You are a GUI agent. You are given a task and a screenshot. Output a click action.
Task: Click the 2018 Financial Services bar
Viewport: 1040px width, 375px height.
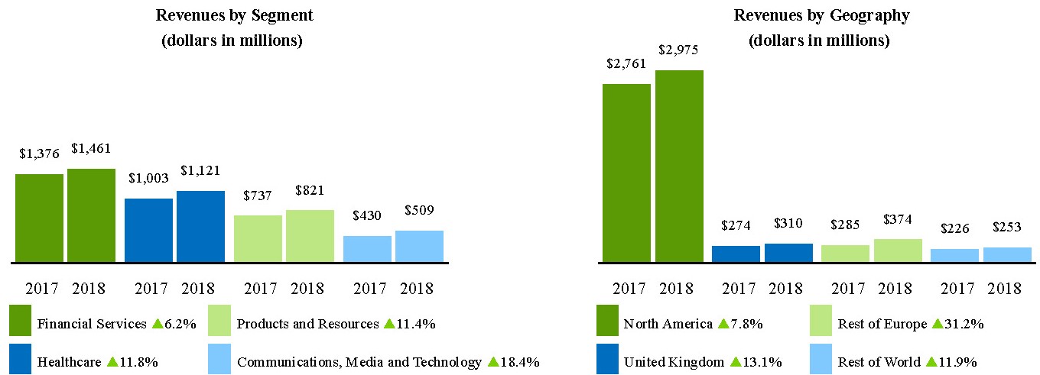point(91,215)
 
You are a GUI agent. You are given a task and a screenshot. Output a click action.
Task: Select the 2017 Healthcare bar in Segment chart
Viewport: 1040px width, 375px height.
point(148,230)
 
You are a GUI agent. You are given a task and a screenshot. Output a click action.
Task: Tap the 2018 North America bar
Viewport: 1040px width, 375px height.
point(679,166)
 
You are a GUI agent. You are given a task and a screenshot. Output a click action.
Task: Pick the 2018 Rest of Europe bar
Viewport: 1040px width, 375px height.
point(898,251)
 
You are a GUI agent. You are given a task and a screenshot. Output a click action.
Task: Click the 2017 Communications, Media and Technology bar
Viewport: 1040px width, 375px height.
point(367,248)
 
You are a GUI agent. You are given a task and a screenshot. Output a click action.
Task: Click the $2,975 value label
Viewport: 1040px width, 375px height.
point(678,50)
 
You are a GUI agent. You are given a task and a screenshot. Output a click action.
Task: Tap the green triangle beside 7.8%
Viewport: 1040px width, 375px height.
point(723,324)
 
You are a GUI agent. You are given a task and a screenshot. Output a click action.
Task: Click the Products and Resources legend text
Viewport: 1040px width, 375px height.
point(307,324)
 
